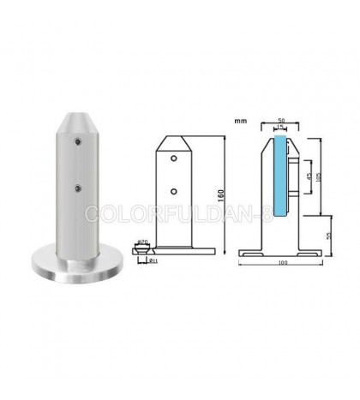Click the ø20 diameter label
click(141, 242)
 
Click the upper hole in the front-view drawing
click(175, 159)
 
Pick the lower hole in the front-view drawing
click(175, 190)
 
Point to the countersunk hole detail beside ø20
click(140, 250)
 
